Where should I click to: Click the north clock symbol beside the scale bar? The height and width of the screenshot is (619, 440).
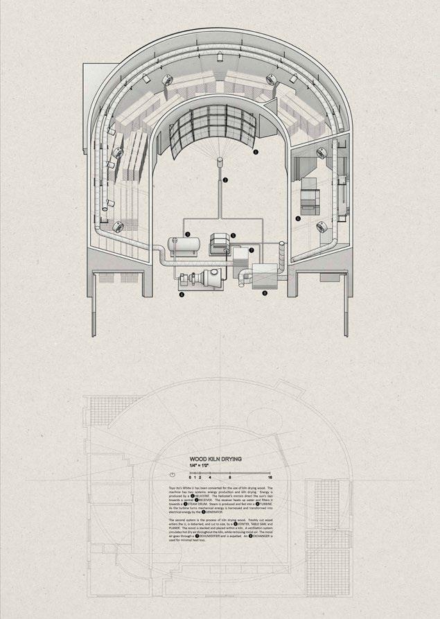(172, 474)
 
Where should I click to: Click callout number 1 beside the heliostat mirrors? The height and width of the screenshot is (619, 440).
(256, 150)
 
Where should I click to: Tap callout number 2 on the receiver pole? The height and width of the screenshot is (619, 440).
(225, 181)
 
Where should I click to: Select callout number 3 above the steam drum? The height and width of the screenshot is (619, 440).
(187, 235)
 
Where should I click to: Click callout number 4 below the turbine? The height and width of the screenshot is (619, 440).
(182, 294)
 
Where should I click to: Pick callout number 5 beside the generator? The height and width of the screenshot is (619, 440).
(234, 236)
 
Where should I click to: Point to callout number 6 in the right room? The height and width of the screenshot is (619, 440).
(298, 218)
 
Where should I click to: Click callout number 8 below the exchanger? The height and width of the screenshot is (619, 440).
(264, 293)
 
